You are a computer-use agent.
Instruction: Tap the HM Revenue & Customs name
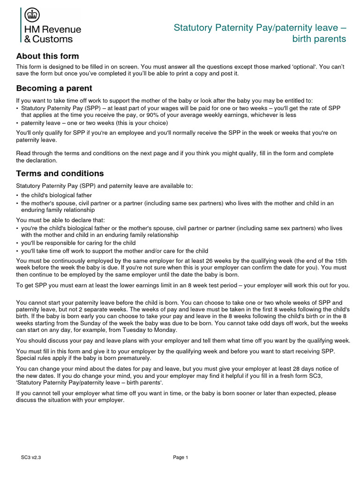52,34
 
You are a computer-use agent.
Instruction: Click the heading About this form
47,56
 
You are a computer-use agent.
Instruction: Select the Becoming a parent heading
54,88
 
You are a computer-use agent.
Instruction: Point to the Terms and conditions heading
60,173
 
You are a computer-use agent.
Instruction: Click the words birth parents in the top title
319,39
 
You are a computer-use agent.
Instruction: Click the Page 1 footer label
180,457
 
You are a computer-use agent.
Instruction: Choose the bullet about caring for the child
78,243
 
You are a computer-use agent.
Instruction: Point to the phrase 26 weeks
211,260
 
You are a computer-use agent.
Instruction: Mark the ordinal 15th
338,260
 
